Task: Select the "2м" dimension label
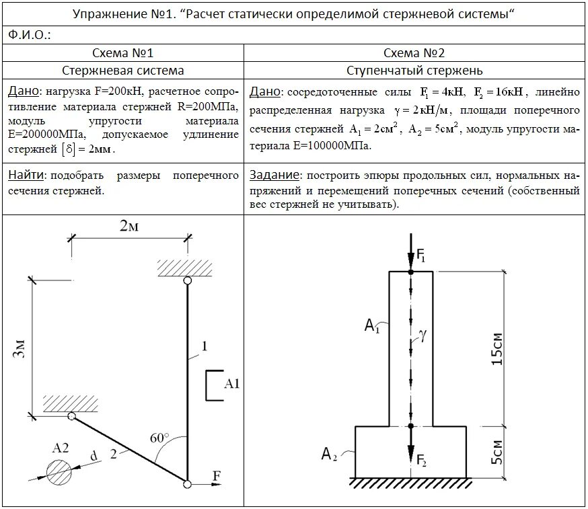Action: click(129, 227)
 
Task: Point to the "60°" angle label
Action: click(160, 438)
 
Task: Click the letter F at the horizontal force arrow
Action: click(217, 476)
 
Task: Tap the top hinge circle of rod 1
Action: click(187, 281)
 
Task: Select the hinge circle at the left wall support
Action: click(71, 416)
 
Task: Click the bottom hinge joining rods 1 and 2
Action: click(187, 483)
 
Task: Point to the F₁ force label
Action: click(421, 256)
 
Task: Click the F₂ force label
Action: click(422, 462)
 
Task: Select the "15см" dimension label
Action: click(497, 348)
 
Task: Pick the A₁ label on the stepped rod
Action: click(373, 326)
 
